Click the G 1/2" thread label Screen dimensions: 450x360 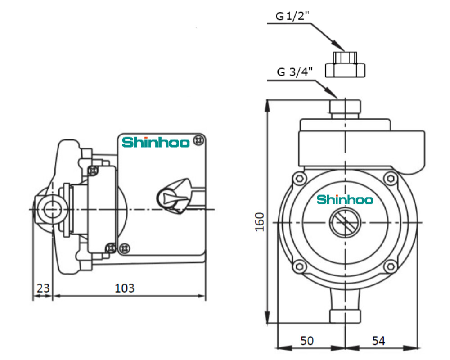pos(293,16)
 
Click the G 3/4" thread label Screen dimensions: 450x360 pos(295,72)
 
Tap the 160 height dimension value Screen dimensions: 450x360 pos(260,222)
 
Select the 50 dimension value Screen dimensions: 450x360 pos(307,341)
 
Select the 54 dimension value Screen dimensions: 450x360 pos(378,341)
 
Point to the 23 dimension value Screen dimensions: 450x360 pos(43,288)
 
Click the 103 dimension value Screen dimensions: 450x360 pos(125,288)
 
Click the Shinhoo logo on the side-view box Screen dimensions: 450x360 pos(156,142)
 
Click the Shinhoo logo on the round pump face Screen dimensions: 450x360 pos(345,199)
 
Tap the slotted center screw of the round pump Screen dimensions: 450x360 pos(345,223)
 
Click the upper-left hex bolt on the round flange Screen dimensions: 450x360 pos(300,179)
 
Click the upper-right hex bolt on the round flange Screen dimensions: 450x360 pos(390,179)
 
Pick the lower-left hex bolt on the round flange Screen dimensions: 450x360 pos(300,266)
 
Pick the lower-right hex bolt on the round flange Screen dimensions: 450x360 pos(390,266)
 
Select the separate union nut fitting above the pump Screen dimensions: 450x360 pos(345,65)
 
